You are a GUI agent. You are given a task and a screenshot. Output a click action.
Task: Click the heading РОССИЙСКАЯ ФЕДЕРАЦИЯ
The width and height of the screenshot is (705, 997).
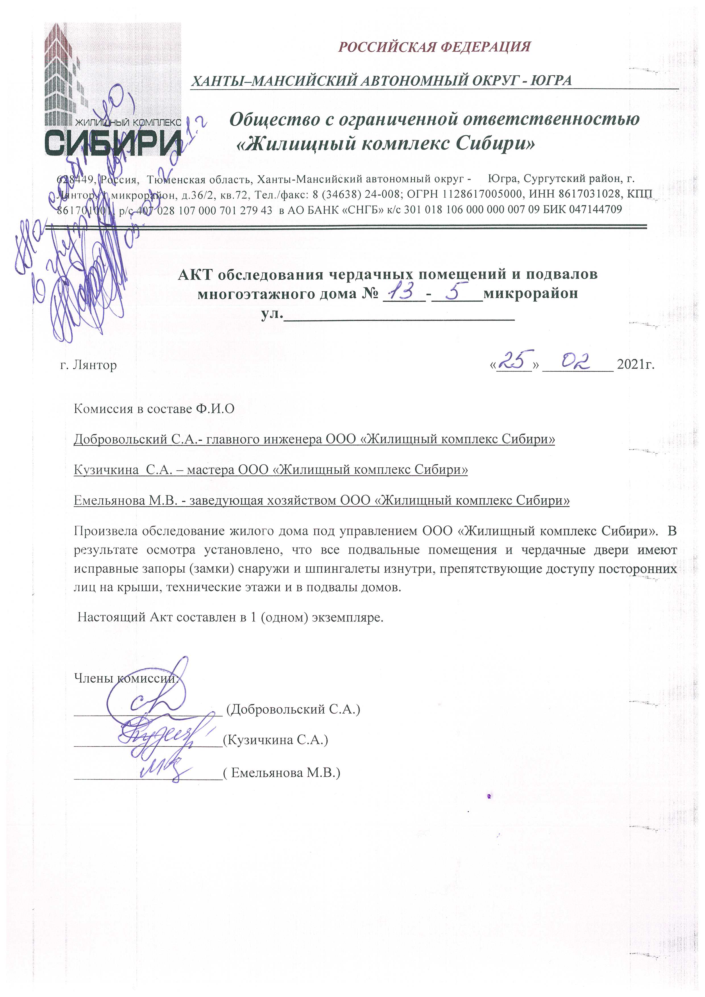pyautogui.click(x=434, y=46)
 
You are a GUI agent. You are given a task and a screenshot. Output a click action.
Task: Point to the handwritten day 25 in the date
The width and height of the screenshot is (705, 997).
pyautogui.click(x=515, y=360)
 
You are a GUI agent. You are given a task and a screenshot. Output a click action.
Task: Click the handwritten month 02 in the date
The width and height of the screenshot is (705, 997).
pyautogui.click(x=576, y=360)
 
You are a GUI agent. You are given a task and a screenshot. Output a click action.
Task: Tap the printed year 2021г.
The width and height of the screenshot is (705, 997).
pyautogui.click(x=635, y=364)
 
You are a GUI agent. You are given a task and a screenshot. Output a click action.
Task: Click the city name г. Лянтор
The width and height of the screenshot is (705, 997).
pyautogui.click(x=88, y=365)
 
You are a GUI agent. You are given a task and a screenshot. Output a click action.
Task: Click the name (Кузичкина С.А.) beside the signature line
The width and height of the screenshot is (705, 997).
pyautogui.click(x=275, y=740)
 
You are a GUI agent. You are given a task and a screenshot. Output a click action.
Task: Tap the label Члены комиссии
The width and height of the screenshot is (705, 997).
pyautogui.click(x=126, y=678)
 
